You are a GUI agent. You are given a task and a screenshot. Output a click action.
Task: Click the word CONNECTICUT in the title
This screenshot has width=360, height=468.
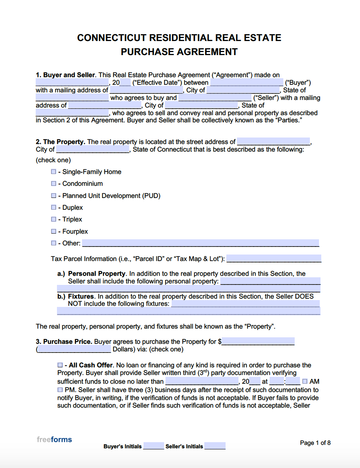tap(112, 38)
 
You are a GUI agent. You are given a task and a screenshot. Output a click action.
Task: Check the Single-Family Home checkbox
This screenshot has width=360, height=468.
tap(54, 172)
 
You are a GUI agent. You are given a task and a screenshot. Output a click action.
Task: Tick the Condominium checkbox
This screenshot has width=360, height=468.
tap(54, 183)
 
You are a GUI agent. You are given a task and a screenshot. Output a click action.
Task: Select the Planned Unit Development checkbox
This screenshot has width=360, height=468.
tap(54, 196)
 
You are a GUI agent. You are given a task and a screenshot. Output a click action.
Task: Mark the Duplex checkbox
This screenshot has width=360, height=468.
tap(54, 207)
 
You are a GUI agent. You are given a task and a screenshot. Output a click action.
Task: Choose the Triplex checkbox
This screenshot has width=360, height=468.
tap(54, 219)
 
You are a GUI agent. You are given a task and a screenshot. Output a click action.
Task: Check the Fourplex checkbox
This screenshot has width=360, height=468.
tap(54, 231)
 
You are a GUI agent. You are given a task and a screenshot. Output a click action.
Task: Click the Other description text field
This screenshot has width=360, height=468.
tap(201, 243)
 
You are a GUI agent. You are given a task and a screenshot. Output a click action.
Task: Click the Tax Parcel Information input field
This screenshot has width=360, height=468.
tap(273, 259)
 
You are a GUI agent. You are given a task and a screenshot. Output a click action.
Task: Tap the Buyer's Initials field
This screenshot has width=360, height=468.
tap(153, 446)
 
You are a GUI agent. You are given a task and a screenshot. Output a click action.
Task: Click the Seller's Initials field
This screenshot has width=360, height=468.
tap(215, 446)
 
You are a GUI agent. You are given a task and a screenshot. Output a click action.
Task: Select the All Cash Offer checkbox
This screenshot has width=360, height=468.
tap(60, 365)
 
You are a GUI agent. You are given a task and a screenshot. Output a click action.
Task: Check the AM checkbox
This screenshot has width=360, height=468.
tap(305, 381)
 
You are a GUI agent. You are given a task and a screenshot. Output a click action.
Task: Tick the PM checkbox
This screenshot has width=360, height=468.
tap(60, 390)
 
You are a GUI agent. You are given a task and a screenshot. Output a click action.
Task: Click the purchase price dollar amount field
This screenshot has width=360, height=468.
tap(258, 341)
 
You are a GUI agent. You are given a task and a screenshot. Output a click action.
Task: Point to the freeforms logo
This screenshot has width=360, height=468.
tap(54, 440)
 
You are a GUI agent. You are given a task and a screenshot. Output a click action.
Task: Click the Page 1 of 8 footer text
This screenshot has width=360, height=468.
tap(315, 443)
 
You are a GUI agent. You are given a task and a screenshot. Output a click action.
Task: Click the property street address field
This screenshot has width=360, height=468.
tap(273, 142)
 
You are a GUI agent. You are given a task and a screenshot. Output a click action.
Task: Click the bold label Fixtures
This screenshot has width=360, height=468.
tap(81, 296)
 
